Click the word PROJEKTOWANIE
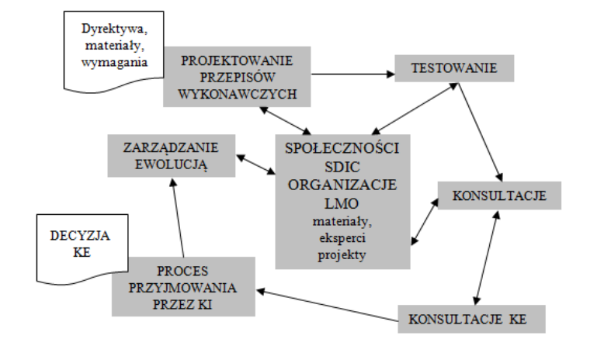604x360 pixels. [x=237, y=61]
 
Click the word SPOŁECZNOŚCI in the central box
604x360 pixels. [x=342, y=150]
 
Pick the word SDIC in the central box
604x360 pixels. [x=342, y=168]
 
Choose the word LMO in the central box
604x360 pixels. [x=342, y=203]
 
